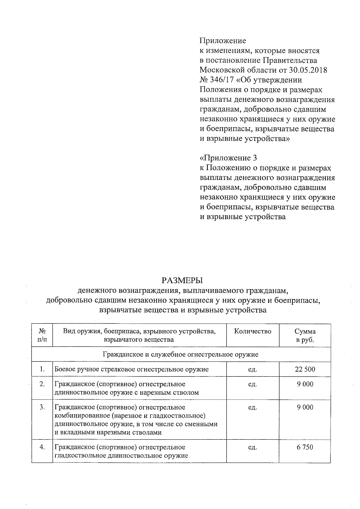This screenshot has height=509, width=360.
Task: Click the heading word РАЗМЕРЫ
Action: (x=182, y=281)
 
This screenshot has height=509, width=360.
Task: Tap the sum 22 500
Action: (x=305, y=369)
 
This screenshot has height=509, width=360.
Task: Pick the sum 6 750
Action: (x=305, y=447)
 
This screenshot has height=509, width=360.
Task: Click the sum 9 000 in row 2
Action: (x=305, y=384)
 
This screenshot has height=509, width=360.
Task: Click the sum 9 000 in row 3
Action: (x=305, y=407)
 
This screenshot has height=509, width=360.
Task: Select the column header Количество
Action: (x=253, y=331)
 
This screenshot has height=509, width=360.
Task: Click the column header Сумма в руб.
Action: (x=305, y=336)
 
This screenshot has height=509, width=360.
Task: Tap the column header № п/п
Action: (x=42, y=336)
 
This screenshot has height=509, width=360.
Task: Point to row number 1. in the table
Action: (x=42, y=369)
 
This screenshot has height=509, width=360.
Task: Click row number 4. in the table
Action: (x=42, y=447)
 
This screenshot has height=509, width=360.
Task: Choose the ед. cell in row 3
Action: (x=253, y=407)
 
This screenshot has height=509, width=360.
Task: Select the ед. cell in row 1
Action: (x=253, y=369)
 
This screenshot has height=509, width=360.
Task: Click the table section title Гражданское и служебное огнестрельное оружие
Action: (x=181, y=355)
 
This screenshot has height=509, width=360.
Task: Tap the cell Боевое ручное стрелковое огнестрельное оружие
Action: (x=131, y=369)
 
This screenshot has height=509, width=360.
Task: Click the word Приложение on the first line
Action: (x=223, y=41)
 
